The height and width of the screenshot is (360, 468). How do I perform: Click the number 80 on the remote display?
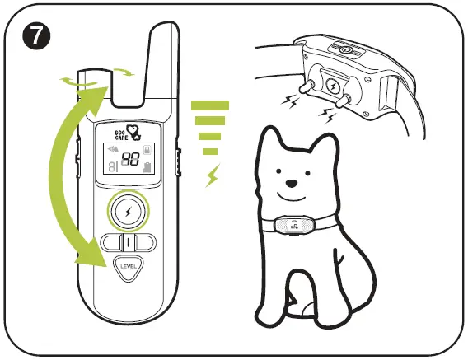[x=130, y=161]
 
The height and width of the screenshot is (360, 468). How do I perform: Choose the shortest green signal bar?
[x=210, y=152]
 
